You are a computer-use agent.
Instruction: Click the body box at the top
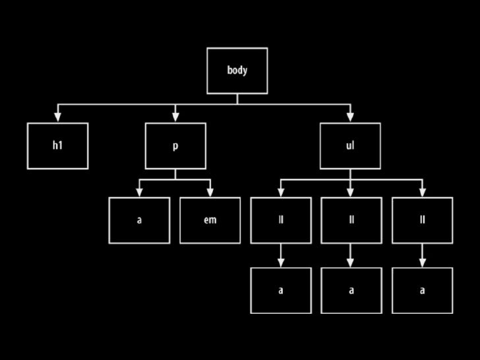pyautogui.click(x=237, y=71)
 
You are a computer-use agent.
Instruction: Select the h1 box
pyautogui.click(x=57, y=146)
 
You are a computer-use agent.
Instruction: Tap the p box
pyautogui.click(x=175, y=146)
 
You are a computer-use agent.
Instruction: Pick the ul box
pyautogui.click(x=350, y=146)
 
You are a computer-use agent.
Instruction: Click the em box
pyautogui.click(x=210, y=220)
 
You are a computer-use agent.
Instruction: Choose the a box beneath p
pyautogui.click(x=139, y=220)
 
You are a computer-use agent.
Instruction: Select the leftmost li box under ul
pyautogui.click(x=281, y=220)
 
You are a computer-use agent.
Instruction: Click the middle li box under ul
pyautogui.click(x=351, y=220)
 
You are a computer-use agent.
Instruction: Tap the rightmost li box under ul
pyautogui.click(x=423, y=220)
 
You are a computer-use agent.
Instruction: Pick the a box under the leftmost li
pyautogui.click(x=281, y=290)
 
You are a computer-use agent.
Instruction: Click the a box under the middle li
pyautogui.click(x=351, y=290)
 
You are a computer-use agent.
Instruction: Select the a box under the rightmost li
pyautogui.click(x=423, y=290)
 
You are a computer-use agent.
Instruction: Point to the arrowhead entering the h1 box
pyautogui.click(x=57, y=117)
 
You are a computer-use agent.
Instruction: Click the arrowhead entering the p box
pyautogui.click(x=175, y=117)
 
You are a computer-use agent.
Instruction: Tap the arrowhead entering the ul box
pyautogui.click(x=350, y=117)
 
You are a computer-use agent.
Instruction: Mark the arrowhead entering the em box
pyautogui.click(x=210, y=192)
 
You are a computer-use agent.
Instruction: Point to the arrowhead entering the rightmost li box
pyautogui.click(x=423, y=192)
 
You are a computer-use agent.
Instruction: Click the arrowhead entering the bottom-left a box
pyautogui.click(x=281, y=262)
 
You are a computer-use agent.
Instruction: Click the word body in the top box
pyautogui.click(x=237, y=70)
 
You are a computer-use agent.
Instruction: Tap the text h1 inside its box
pyautogui.click(x=57, y=145)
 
